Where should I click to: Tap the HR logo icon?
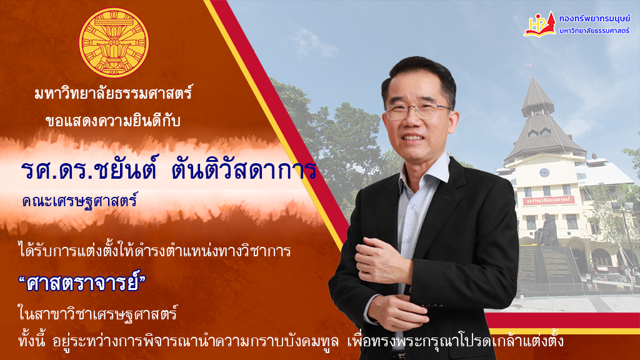pyautogui.click(x=540, y=24)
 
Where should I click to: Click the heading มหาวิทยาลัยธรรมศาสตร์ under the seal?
pyautogui.click(x=113, y=94)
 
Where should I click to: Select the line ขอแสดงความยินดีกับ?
pyautogui.click(x=112, y=121)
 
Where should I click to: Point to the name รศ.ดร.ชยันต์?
pyautogui.click(x=89, y=171)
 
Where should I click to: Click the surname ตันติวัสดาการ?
pyautogui.click(x=244, y=170)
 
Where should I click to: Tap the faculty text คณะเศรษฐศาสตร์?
pyautogui.click(x=79, y=201)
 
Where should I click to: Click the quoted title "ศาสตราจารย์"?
pyautogui.click(x=82, y=282)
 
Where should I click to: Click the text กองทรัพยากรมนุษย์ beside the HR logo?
pyautogui.click(x=594, y=18)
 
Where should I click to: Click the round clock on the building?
pyautogui.click(x=544, y=172)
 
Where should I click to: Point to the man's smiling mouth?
pyautogui.click(x=413, y=138)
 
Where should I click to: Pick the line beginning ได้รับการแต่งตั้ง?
pyautogui.click(x=154, y=250)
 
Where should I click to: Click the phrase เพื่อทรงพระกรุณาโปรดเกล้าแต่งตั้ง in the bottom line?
pyautogui.click(x=455, y=341)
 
